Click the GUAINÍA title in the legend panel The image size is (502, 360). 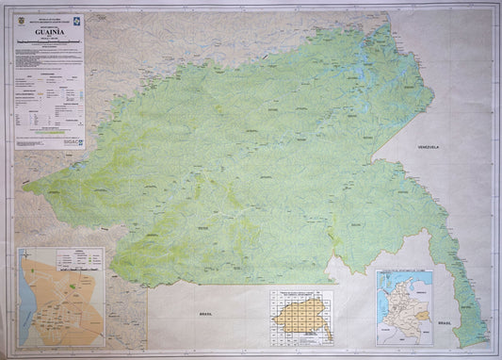tap(51, 31)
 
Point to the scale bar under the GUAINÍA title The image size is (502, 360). tap(49, 44)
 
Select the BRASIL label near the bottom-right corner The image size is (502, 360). tap(444, 322)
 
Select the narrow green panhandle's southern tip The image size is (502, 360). tap(481, 341)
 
